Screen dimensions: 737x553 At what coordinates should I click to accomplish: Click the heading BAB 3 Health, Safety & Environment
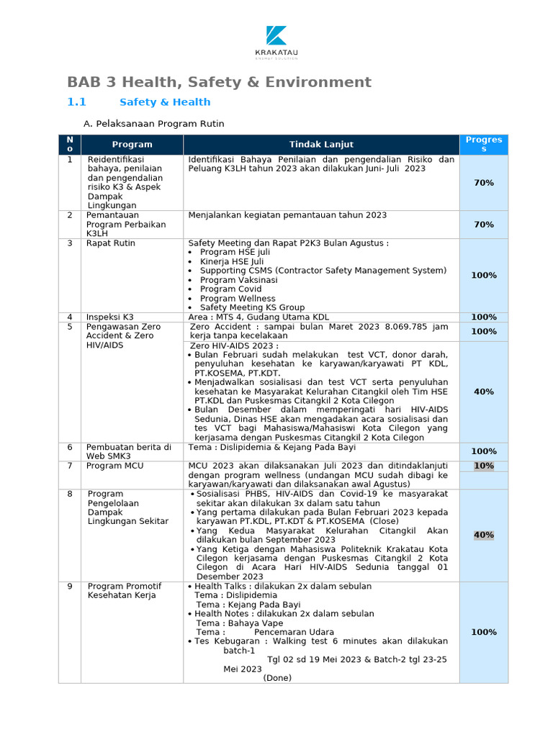point(219,82)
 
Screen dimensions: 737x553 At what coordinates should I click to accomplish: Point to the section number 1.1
point(76,102)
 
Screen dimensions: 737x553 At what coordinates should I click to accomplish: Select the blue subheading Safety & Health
point(165,102)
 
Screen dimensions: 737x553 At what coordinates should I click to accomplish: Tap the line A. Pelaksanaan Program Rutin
point(153,124)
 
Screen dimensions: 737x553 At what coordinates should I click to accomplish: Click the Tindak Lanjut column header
point(321,145)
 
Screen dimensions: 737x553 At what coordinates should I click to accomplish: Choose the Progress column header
point(484,144)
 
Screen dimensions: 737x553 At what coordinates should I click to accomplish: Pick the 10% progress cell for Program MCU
point(484,466)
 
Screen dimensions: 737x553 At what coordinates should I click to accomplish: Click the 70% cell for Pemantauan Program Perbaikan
point(484,225)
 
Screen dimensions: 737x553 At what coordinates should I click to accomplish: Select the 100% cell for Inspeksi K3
point(484,317)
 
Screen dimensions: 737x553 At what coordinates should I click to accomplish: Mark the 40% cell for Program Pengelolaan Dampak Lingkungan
point(484,535)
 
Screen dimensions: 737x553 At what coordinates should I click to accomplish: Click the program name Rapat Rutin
point(110,243)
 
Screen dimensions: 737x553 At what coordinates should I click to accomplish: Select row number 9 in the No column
point(70,586)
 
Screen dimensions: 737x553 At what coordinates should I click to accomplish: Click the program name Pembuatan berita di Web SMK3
point(128,451)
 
